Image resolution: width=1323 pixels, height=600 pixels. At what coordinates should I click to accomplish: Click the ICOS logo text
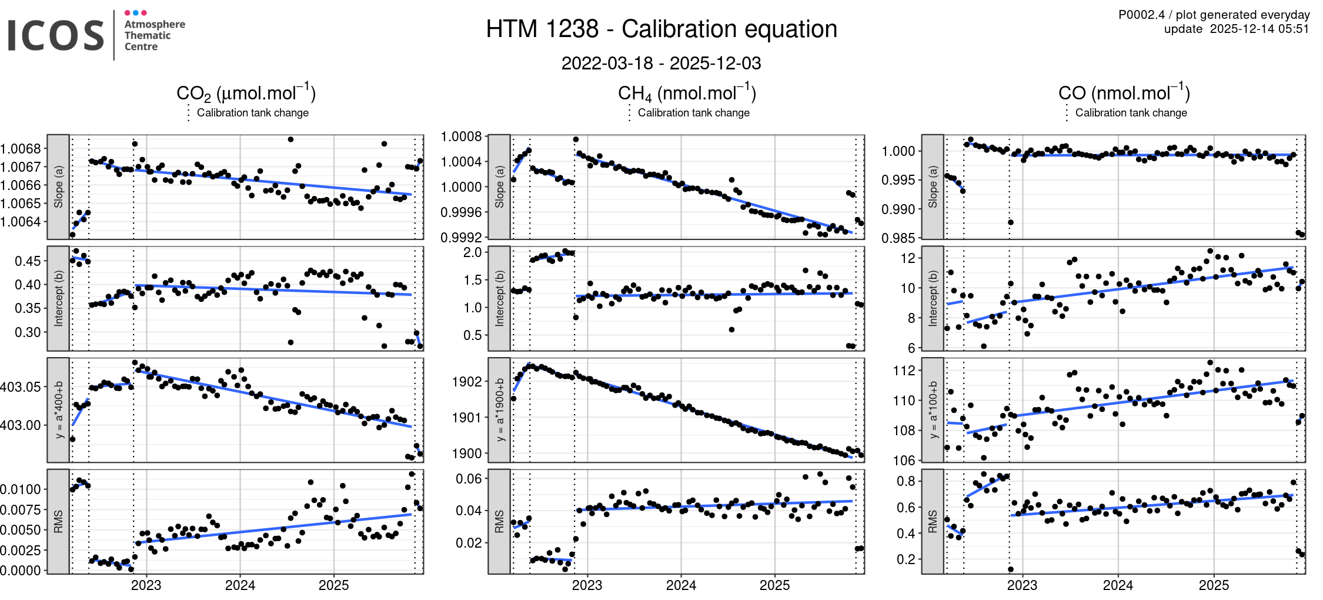(56, 35)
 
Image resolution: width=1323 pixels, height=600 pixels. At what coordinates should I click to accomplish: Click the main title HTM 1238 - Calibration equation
(661, 29)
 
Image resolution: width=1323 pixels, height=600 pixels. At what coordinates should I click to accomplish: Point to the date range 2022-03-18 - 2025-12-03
(661, 63)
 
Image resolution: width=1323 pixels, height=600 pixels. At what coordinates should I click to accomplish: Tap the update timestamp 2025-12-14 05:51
(1259, 29)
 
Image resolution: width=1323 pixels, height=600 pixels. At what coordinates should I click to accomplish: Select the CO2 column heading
(246, 94)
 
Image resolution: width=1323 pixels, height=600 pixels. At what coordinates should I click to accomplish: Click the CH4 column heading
(686, 94)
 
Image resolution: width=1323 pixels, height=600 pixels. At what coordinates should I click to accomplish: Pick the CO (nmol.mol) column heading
(1124, 94)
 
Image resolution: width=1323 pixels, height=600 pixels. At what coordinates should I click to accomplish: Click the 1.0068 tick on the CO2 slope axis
(21, 149)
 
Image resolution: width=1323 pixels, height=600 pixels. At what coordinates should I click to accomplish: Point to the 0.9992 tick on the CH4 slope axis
(461, 238)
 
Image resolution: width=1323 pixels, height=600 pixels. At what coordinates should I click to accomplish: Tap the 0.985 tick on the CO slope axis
(898, 238)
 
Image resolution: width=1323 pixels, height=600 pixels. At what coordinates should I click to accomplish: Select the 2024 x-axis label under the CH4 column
(681, 585)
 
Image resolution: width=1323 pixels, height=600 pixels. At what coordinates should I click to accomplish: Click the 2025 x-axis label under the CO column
(1214, 585)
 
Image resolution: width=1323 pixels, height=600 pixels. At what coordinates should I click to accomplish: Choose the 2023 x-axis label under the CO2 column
(146, 585)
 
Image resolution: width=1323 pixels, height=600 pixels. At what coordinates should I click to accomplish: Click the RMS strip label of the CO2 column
(58, 521)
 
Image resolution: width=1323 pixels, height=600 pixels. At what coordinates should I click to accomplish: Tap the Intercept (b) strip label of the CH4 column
(499, 298)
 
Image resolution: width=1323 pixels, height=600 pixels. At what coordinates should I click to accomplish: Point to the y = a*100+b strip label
(933, 409)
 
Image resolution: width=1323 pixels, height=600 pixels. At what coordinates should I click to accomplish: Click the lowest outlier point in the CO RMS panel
(1010, 569)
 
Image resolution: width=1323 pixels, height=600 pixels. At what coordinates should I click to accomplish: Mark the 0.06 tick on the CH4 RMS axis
(469, 479)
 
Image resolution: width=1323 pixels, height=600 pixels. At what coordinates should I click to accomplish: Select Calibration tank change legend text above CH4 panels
(693, 112)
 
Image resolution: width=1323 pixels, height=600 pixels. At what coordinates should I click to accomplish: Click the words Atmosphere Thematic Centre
(154, 35)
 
